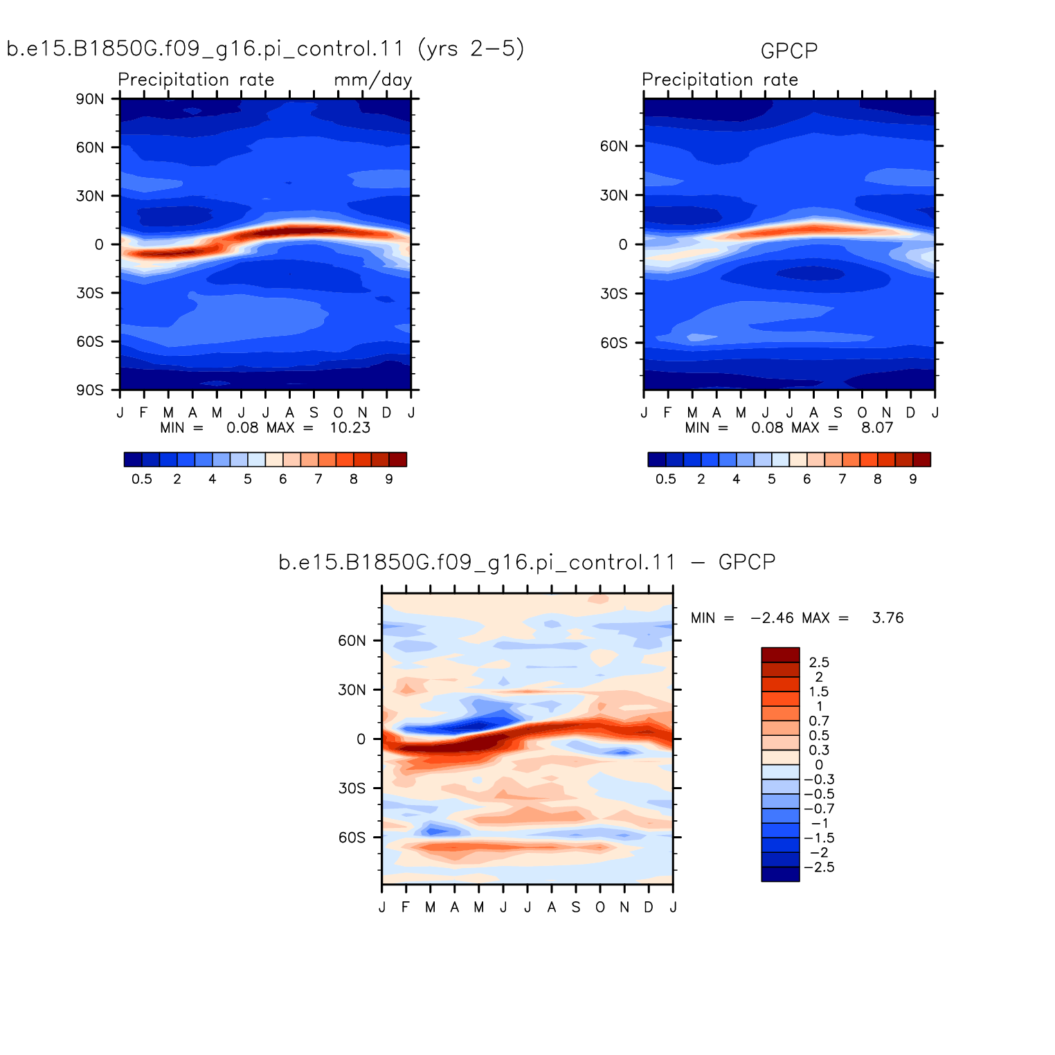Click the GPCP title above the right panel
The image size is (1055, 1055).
788,51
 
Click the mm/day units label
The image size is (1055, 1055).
372,80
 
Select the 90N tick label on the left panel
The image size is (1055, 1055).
90,99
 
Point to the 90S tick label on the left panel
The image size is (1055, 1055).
90,390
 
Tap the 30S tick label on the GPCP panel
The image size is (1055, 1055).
614,294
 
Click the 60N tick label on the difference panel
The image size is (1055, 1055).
352,640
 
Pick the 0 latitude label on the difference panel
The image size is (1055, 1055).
361,739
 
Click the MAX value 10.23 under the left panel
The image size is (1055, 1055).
350,428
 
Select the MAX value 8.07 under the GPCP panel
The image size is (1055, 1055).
877,428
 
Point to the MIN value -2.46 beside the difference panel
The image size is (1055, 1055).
772,617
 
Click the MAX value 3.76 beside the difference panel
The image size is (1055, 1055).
888,617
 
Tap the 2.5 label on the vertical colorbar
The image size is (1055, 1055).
819,662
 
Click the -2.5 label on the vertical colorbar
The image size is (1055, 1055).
819,867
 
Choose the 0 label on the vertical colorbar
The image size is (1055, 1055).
819,765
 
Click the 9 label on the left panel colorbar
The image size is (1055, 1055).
389,479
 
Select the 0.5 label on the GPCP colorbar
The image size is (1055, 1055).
666,479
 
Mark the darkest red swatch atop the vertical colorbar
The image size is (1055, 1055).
780,655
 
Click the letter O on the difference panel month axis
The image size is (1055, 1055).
600,908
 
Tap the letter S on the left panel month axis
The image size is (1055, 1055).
314,413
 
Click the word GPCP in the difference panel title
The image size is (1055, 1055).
747,562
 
